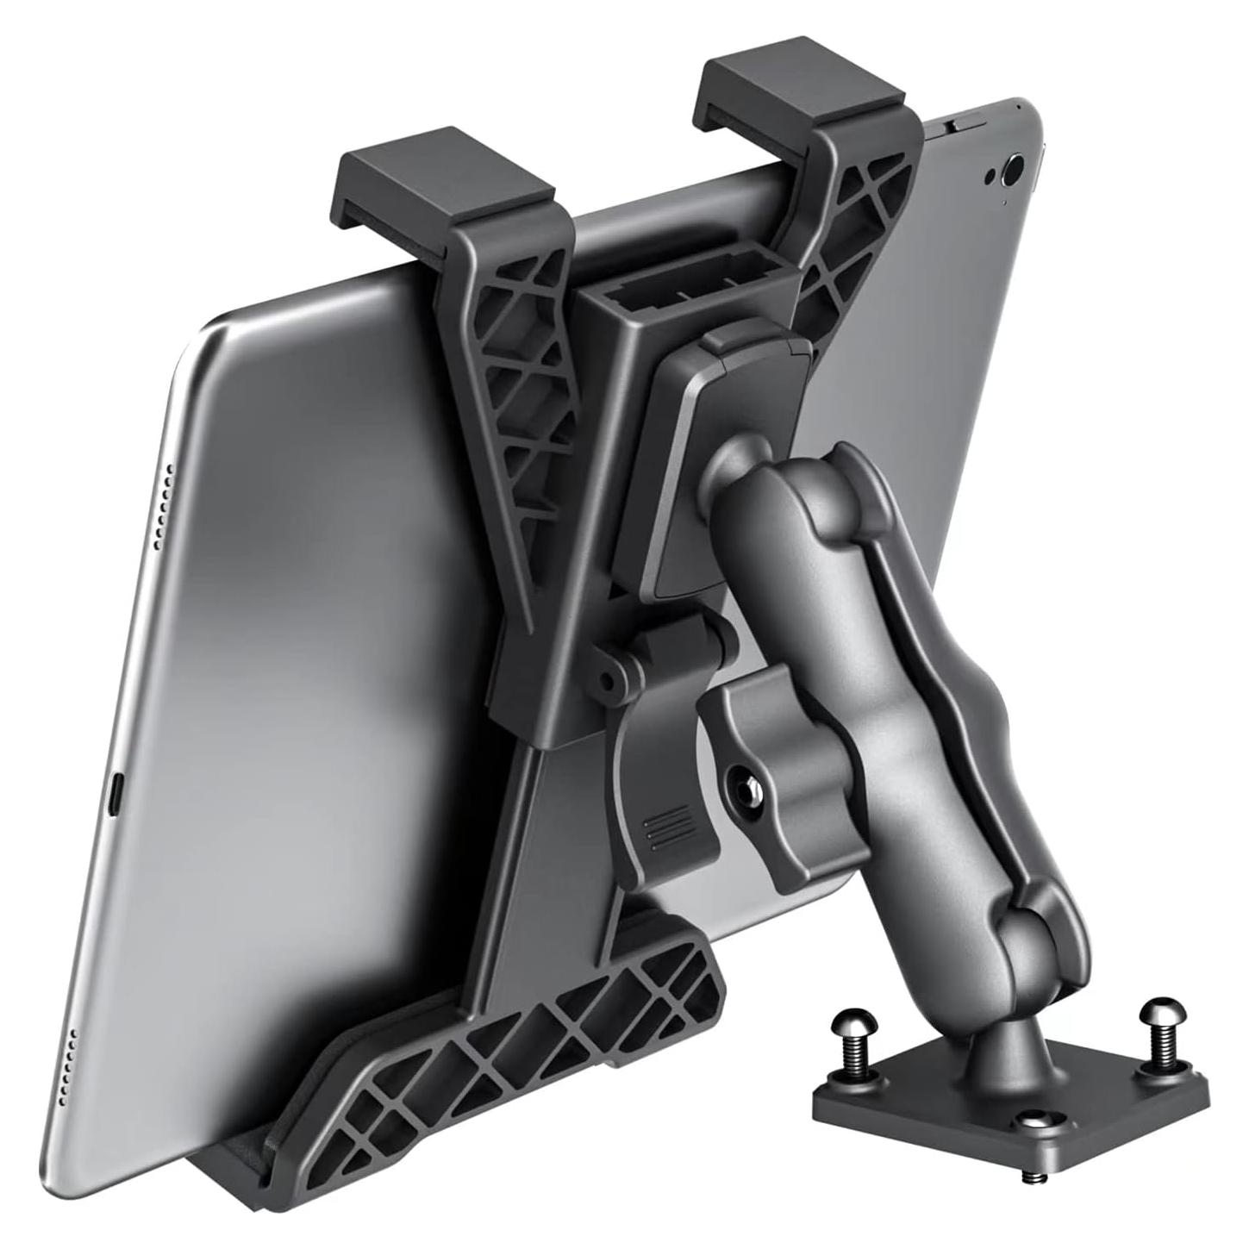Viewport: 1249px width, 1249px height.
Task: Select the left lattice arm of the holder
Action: coord(517,388)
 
